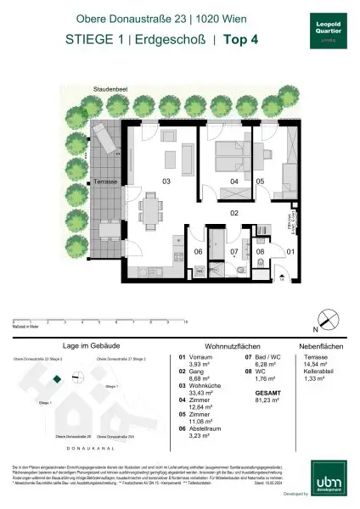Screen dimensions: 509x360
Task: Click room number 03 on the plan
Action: pos(166,181)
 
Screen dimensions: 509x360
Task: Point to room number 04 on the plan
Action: pos(233,182)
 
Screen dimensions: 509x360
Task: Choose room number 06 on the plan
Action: pos(198,252)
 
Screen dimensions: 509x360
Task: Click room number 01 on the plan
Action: pos(289,252)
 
